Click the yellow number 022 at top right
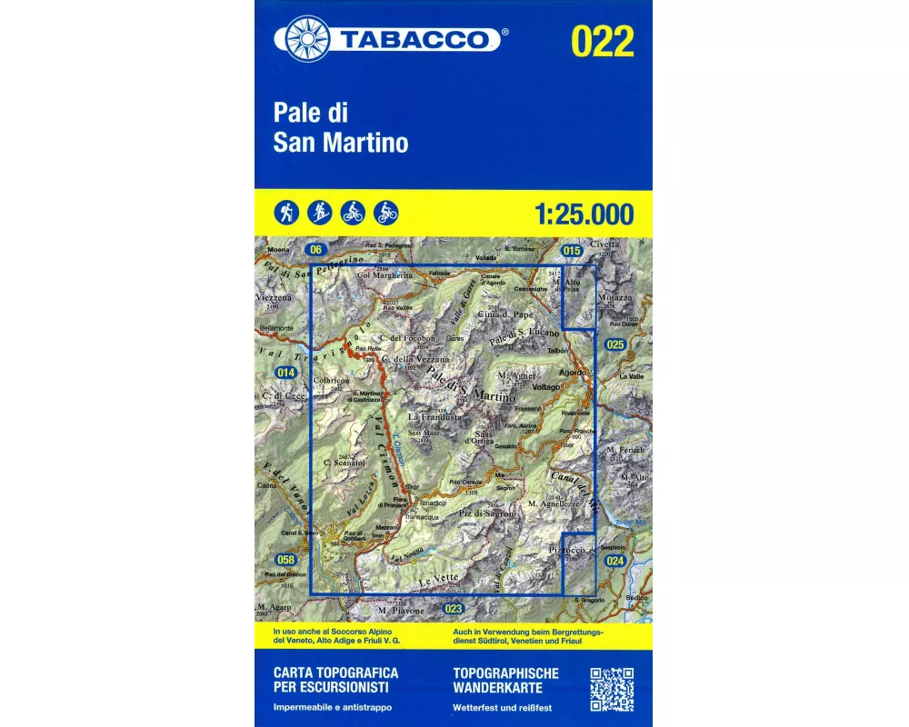[x=603, y=41]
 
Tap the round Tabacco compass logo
[x=307, y=39]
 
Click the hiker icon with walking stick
[x=285, y=213]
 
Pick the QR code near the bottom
[x=612, y=689]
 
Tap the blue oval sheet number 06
[x=315, y=250]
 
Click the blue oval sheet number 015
[x=571, y=250]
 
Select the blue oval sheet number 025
[x=615, y=344]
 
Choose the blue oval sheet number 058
[x=286, y=559]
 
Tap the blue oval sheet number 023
[x=454, y=609]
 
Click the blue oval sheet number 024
[x=615, y=561]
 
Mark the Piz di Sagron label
[x=486, y=514]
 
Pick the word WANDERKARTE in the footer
[x=504, y=688]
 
